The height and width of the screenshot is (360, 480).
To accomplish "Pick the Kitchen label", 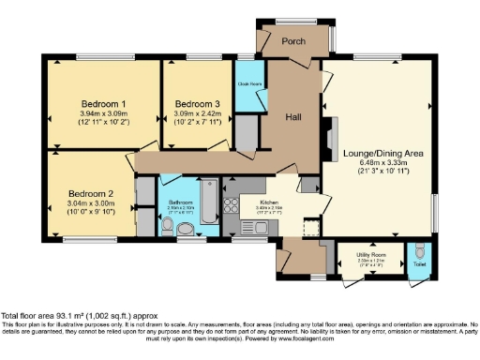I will (270, 202).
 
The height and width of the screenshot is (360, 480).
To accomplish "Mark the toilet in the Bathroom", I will (186, 228).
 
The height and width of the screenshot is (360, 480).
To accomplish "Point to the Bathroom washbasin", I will (162, 228).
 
